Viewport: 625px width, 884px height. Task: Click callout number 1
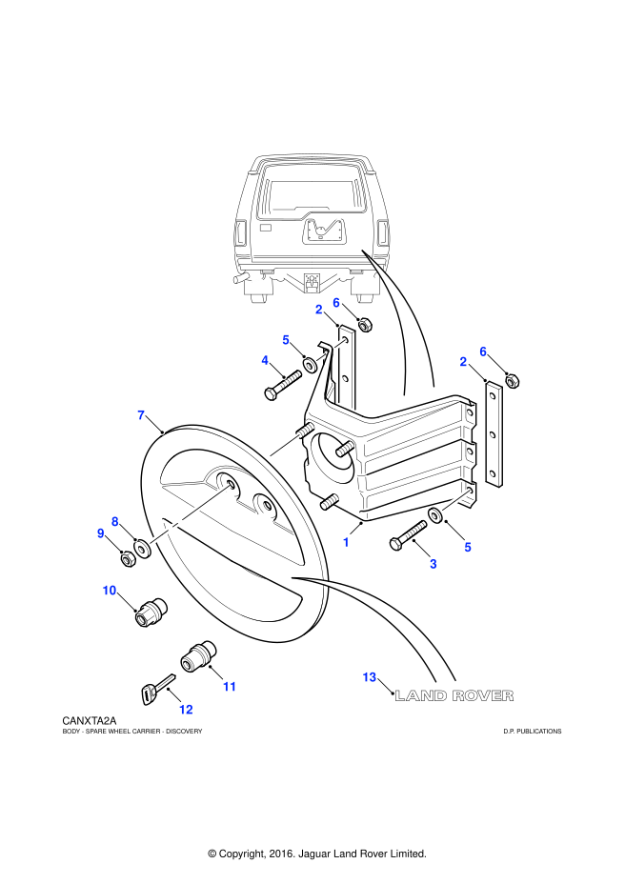(346, 542)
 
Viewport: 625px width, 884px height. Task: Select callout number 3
(433, 564)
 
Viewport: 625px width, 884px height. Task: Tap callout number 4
(265, 360)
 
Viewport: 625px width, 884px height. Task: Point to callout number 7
(141, 415)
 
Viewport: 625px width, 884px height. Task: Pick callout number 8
(115, 522)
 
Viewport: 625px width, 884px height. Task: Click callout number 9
(101, 533)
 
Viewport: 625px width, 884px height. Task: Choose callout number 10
(110, 591)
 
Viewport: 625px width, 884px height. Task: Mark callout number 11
(229, 687)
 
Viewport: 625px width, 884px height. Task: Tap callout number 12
(186, 710)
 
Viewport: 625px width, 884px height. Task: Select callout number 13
(370, 677)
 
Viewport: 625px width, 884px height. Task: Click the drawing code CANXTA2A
(90, 722)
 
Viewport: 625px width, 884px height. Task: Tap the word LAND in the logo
(420, 696)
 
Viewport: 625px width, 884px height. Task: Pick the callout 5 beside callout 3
(468, 547)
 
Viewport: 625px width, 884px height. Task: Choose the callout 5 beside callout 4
(286, 339)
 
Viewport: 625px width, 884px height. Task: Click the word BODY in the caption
(71, 732)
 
